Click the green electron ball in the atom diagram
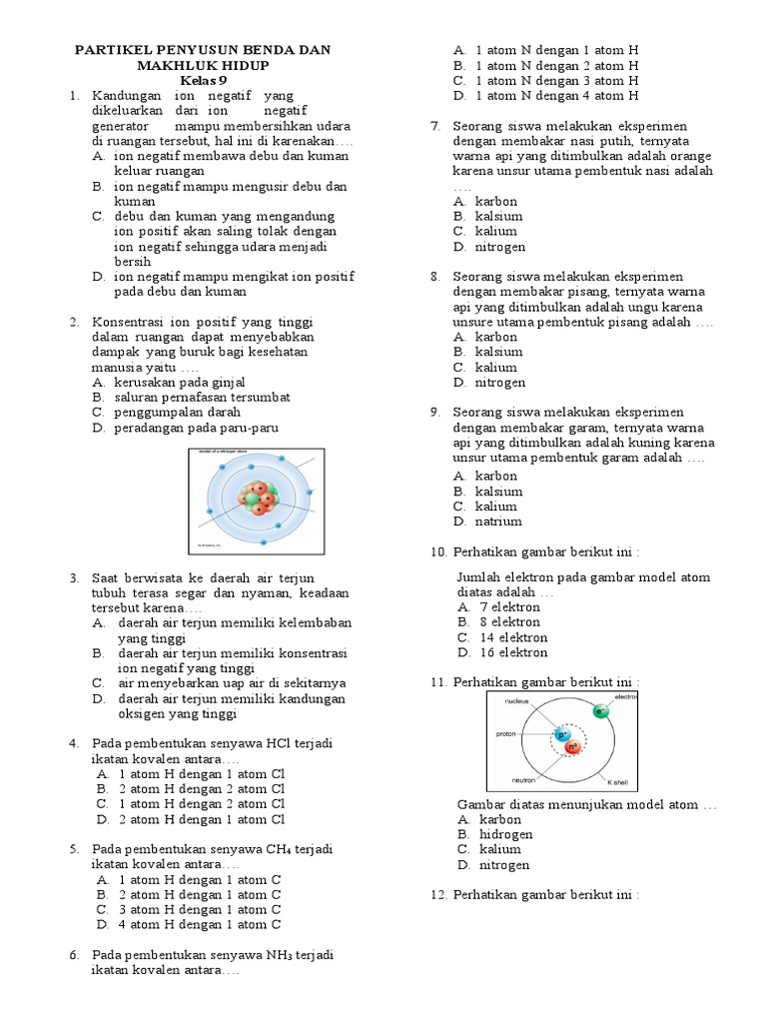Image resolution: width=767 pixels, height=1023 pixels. coord(600,711)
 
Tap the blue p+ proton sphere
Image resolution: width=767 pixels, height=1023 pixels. coord(562,735)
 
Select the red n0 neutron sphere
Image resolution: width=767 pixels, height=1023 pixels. coord(573,747)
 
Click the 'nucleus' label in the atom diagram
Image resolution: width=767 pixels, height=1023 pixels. coord(516,701)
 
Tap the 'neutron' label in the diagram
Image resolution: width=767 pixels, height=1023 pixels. coord(524,779)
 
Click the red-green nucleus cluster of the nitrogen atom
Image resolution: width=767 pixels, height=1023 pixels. coord(261,498)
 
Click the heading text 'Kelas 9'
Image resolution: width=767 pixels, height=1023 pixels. coord(204,80)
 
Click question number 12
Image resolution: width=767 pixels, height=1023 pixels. coord(438,894)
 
